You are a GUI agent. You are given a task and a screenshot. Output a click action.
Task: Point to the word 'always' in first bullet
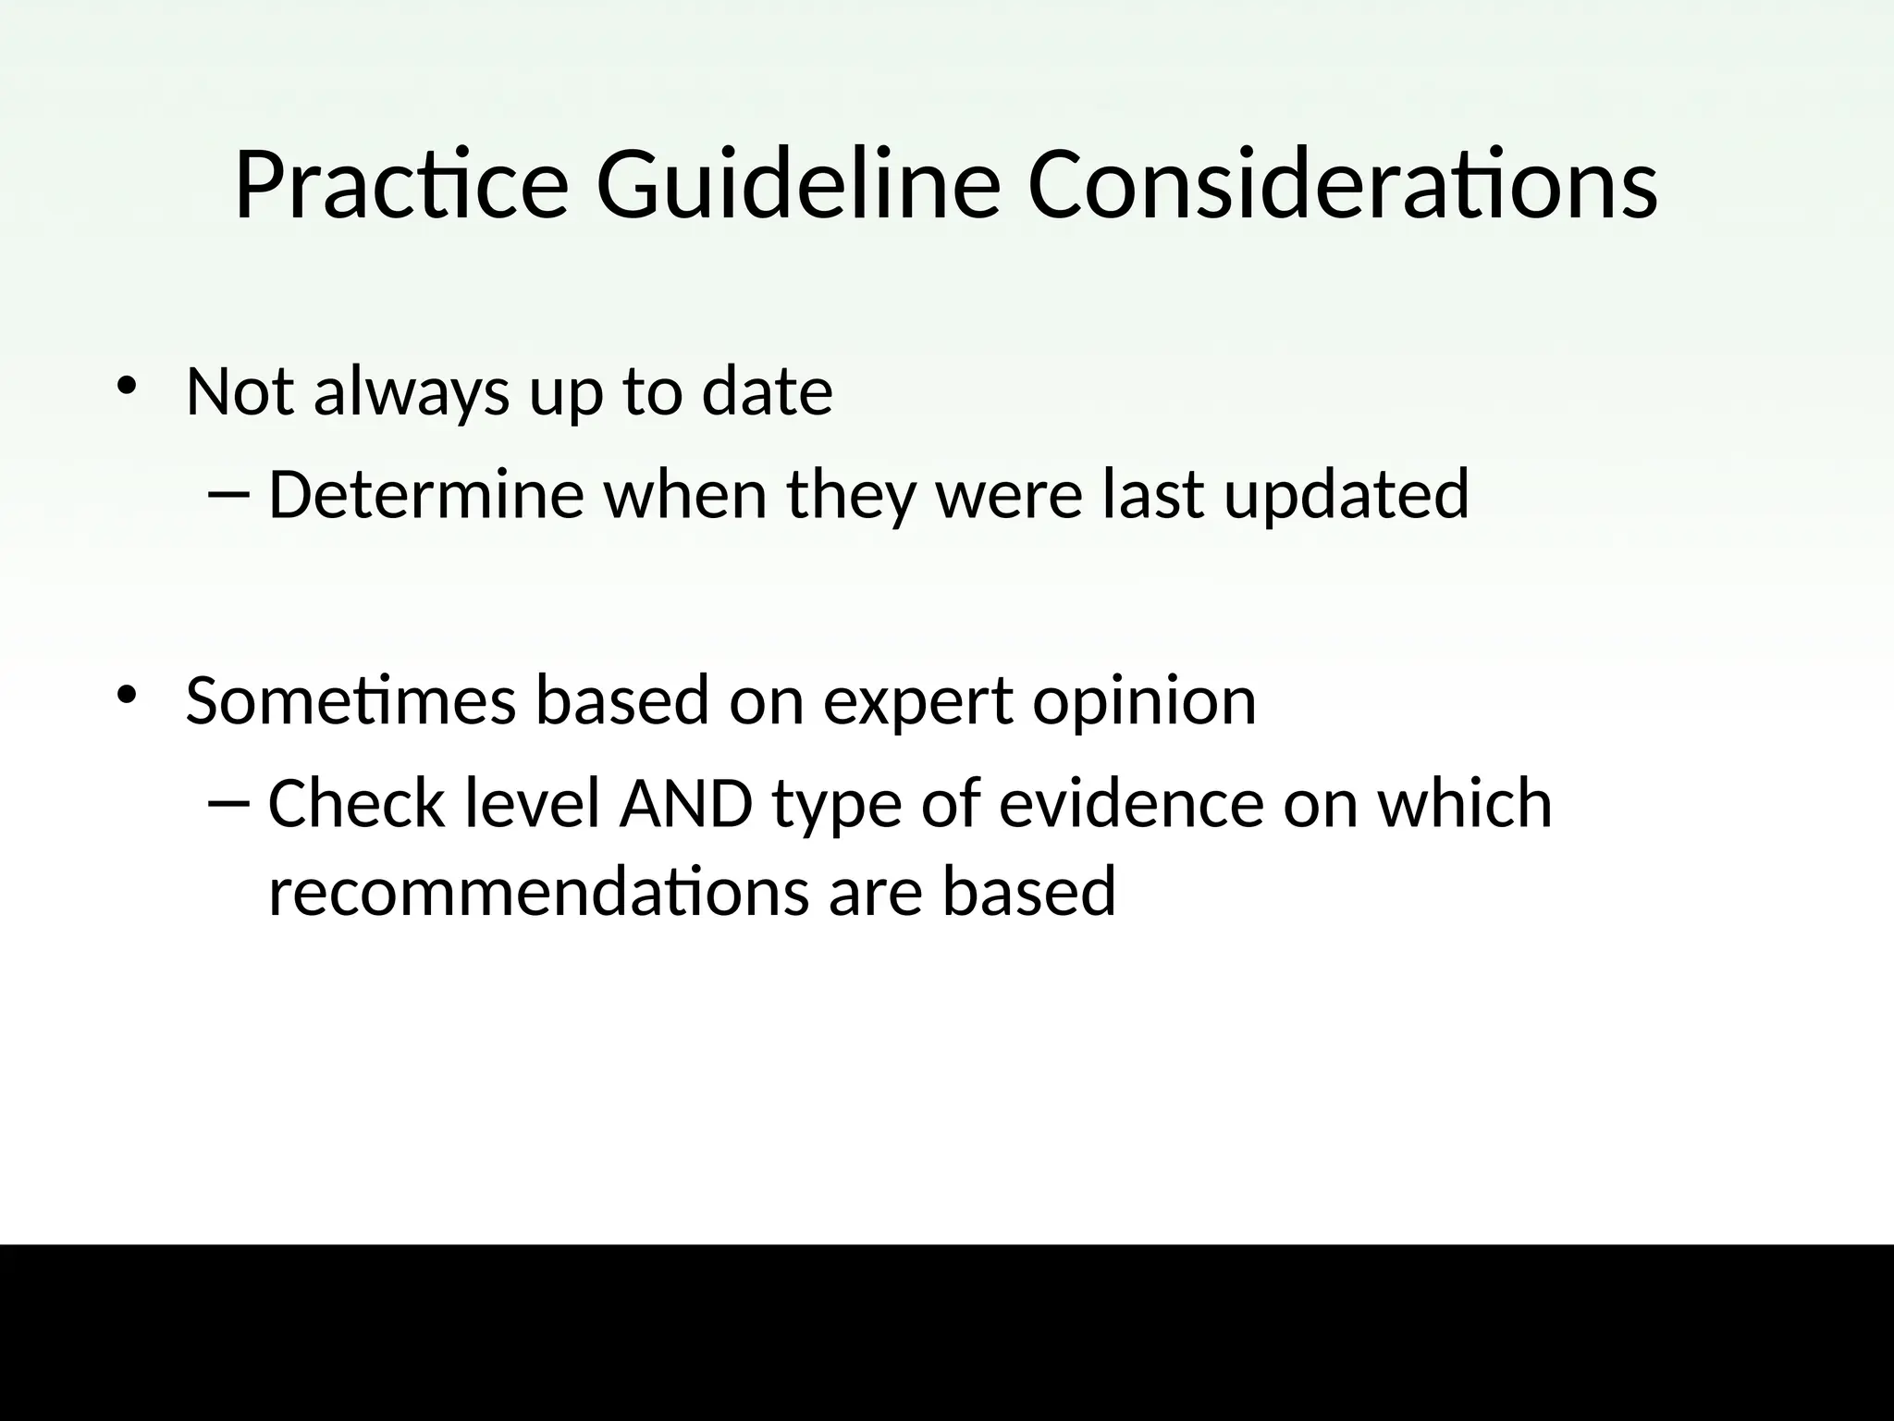point(411,392)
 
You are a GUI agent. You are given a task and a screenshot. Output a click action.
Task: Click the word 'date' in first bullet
point(767,392)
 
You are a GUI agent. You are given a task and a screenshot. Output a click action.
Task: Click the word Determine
point(425,495)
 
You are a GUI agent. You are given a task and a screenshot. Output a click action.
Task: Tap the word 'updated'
point(1346,495)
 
